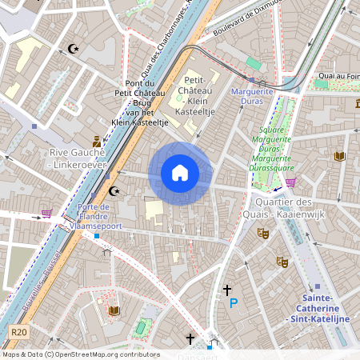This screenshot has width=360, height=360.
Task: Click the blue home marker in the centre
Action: point(180,173)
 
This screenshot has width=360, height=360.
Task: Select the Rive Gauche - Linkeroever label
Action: point(77,158)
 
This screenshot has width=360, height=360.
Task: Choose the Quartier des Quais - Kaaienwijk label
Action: point(295,208)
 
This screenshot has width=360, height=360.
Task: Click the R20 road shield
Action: point(19,332)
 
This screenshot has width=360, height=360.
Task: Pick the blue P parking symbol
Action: point(234,303)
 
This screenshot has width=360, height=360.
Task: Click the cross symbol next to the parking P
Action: point(227,290)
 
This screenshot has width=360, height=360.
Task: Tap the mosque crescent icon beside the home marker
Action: point(114,191)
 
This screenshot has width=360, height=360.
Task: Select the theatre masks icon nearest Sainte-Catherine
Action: point(281,262)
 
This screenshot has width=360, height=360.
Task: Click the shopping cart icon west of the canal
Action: point(46,213)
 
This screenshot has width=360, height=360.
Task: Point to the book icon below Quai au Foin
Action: point(339,156)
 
